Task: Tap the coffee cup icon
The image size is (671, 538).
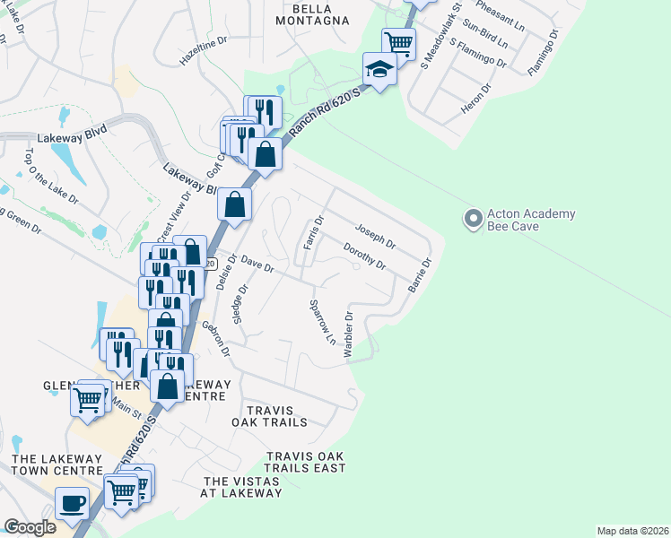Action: tap(72, 502)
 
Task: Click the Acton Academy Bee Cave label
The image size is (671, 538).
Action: tap(530, 221)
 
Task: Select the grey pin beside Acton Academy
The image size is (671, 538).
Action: tap(472, 218)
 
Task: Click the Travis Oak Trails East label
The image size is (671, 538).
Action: tap(306, 462)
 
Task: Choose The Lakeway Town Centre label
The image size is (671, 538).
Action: tap(59, 464)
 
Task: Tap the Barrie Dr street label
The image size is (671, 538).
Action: tap(420, 275)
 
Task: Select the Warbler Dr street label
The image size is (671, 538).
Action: tap(349, 335)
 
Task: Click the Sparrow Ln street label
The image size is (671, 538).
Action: tap(323, 324)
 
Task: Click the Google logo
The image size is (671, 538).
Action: tap(30, 527)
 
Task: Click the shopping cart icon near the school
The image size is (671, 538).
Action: tap(398, 42)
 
